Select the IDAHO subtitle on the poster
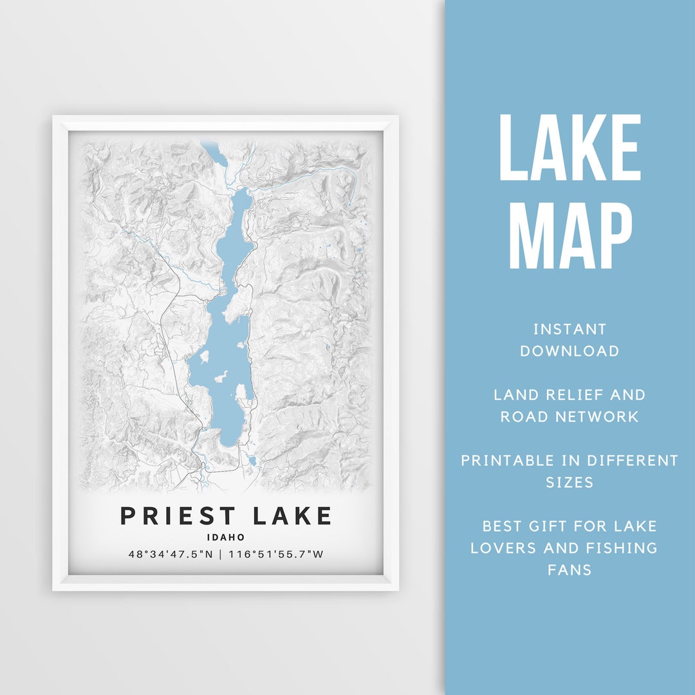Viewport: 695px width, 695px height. [226, 537]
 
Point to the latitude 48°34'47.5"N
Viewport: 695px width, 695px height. [170, 553]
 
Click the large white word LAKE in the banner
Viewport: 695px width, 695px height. [570, 148]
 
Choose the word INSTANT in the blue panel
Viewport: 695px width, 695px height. [570, 329]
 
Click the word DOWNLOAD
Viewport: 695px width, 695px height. [570, 351]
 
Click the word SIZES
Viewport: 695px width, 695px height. [570, 483]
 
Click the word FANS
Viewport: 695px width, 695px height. [570, 570]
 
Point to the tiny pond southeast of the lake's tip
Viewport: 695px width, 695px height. [252, 461]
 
